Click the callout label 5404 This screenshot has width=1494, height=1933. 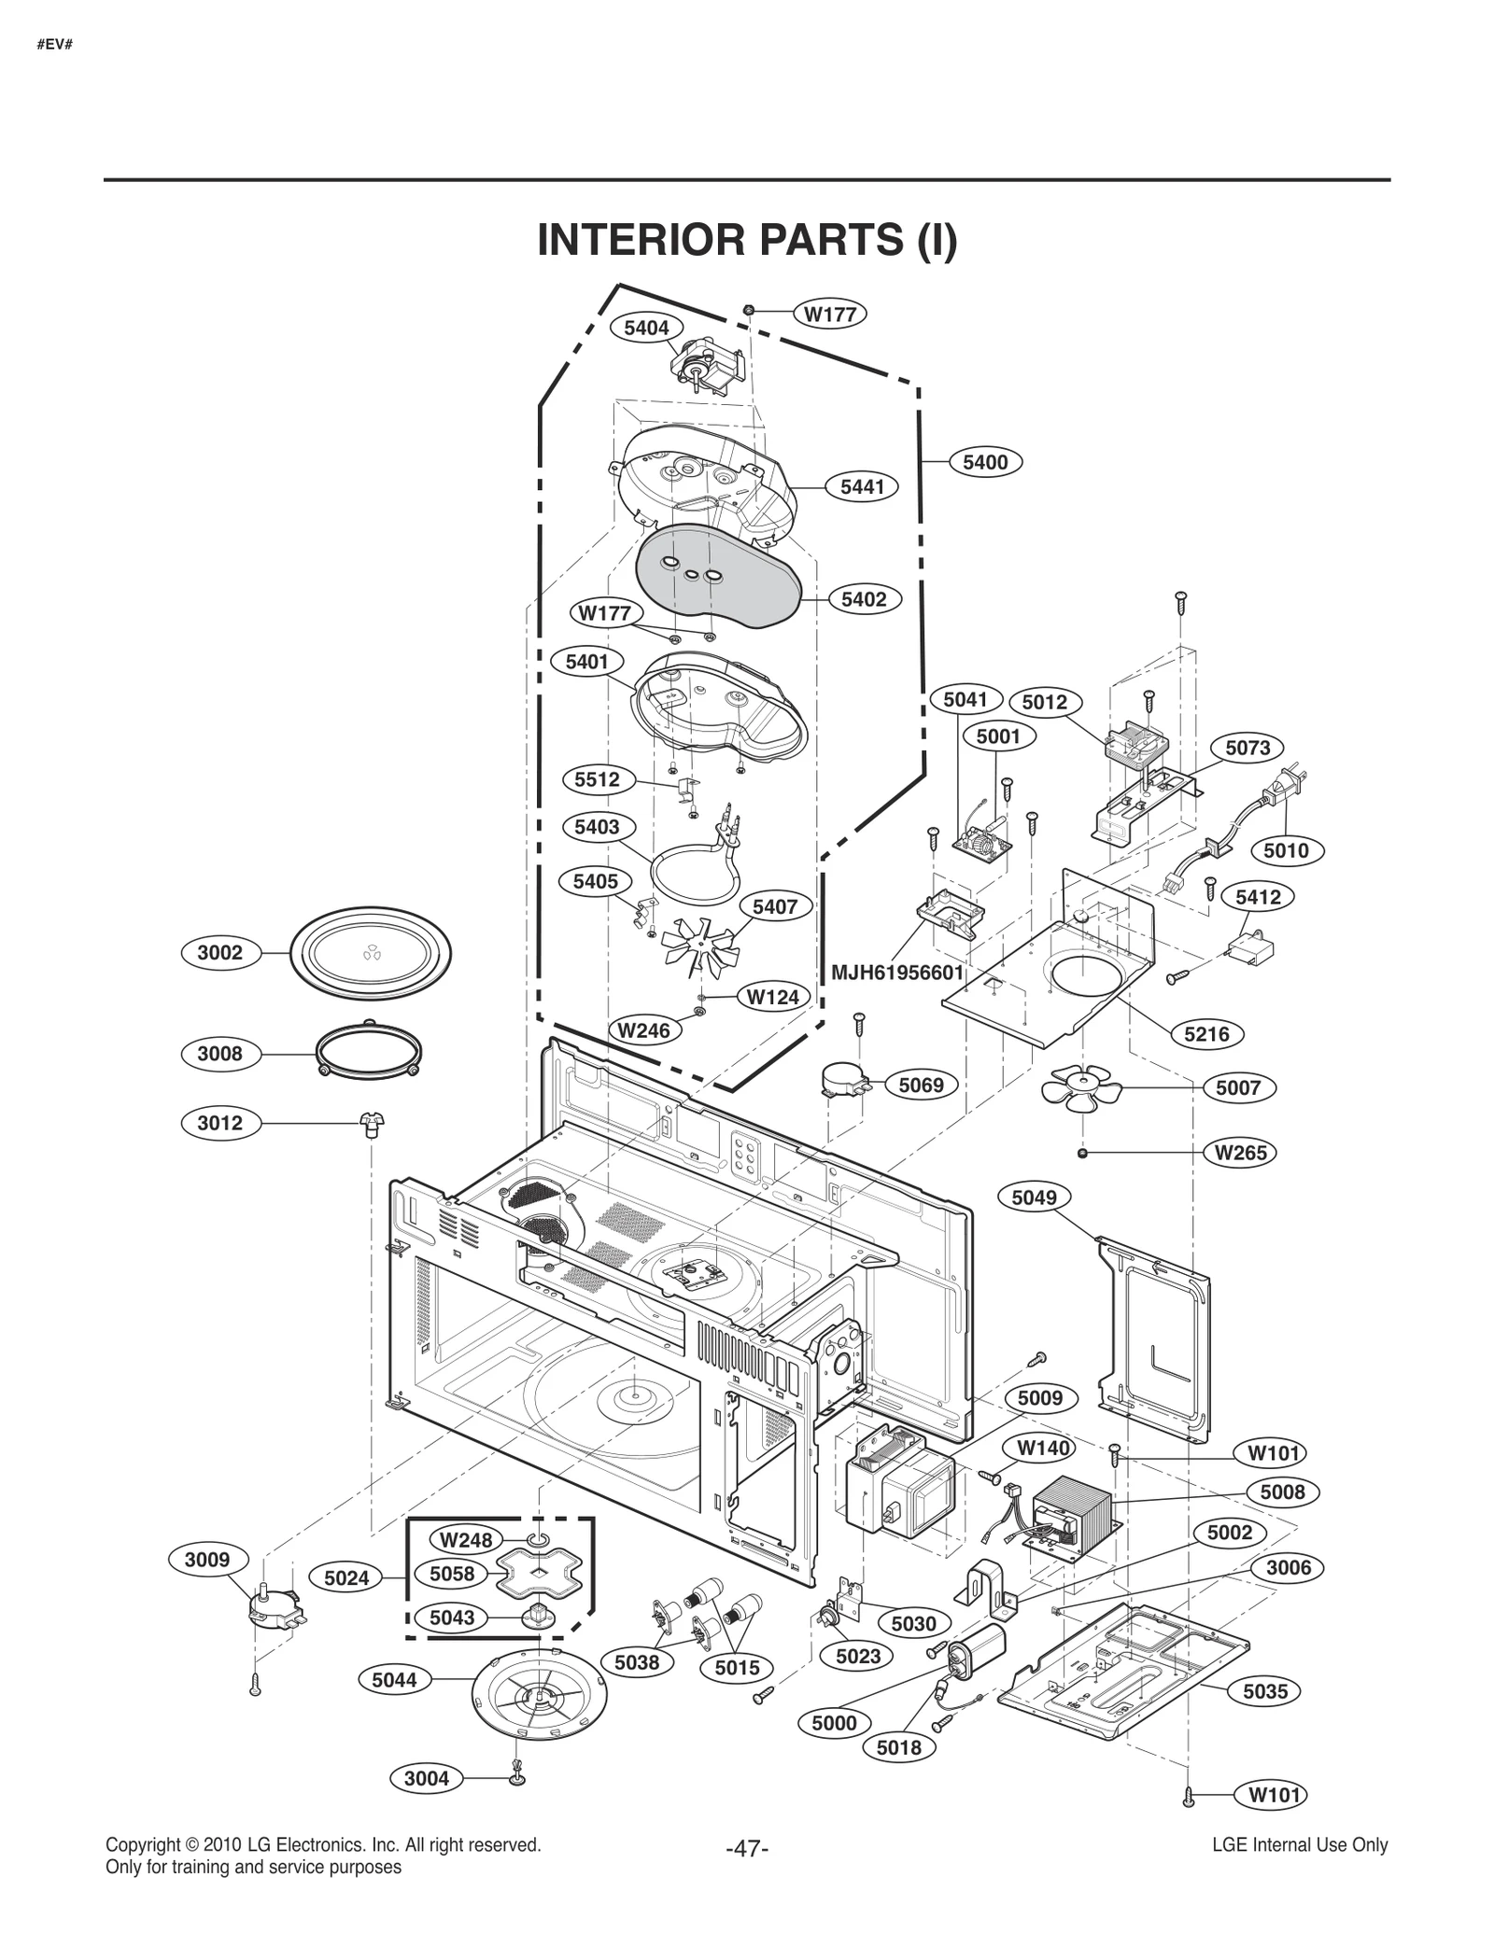(646, 328)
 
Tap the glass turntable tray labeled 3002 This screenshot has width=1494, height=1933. (371, 953)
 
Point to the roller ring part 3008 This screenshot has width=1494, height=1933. (368, 1053)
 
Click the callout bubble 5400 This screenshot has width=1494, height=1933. (985, 462)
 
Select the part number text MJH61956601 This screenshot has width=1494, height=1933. (897, 973)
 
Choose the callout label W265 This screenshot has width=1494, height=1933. (1240, 1153)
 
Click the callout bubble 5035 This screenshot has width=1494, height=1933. (1265, 1690)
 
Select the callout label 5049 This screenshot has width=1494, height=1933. (1034, 1198)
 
